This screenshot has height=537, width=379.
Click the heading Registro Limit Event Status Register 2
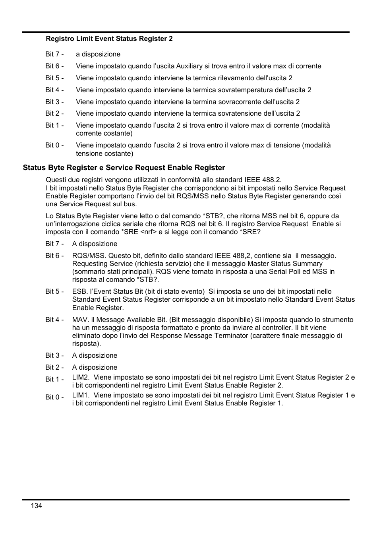coord(109,39)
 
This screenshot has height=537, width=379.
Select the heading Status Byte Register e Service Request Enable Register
coord(124,168)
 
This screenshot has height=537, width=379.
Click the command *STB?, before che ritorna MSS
coord(213,216)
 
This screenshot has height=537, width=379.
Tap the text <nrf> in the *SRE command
coord(148,232)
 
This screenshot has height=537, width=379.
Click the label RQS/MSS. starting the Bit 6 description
coord(89,256)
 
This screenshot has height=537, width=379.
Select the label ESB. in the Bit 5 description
coord(80,291)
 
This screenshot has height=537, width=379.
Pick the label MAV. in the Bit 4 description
coord(81,320)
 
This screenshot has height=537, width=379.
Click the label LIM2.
coord(81,377)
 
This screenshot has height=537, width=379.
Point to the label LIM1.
coord(81,395)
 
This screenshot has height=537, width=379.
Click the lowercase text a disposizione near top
coord(98,54)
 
